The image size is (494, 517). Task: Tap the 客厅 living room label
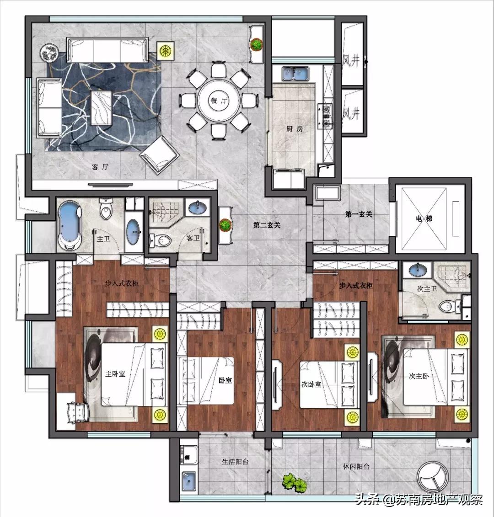coord(100,167)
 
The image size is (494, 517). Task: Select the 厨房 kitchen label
coord(295,129)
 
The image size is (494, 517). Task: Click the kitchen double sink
coord(295,74)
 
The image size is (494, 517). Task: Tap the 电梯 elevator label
coord(424,219)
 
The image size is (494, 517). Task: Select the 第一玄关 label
coord(358,214)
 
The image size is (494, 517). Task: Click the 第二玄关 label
coord(267,225)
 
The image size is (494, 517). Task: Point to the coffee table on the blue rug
coord(101,108)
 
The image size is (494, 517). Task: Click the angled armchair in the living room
coord(160,154)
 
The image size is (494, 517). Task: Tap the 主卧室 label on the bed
coord(115,374)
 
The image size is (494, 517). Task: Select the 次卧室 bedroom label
coord(311,384)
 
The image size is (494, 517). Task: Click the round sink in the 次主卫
coord(418,269)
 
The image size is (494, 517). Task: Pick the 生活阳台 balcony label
coord(235,462)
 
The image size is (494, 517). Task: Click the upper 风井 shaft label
coord(350,61)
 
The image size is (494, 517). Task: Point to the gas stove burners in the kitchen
coord(326,116)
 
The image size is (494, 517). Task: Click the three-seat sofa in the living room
coord(107,50)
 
